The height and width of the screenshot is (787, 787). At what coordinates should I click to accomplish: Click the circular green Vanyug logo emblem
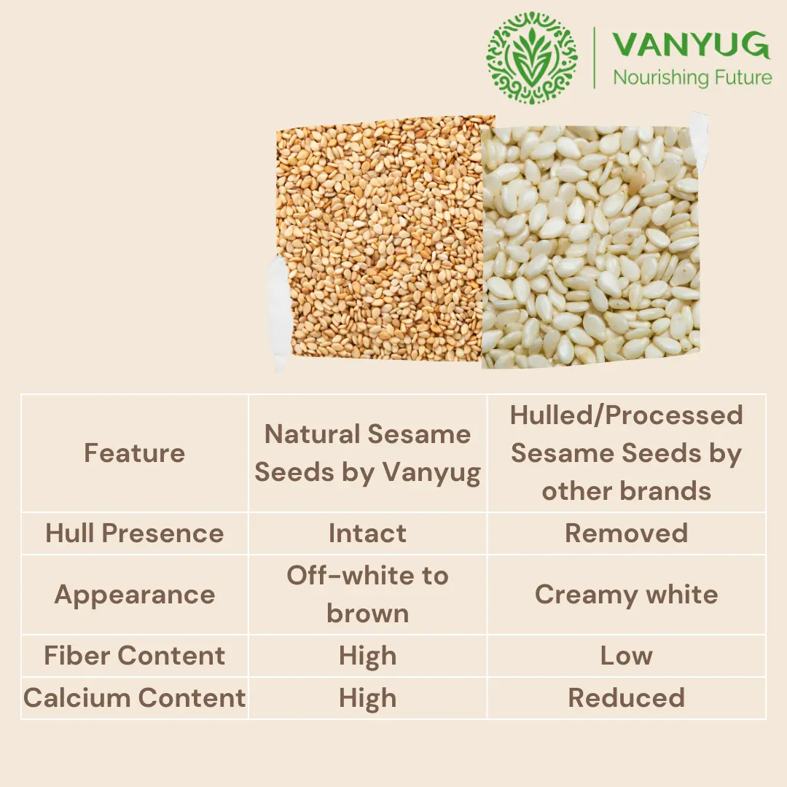point(531,58)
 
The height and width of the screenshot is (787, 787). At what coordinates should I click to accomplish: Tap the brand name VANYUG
point(691,44)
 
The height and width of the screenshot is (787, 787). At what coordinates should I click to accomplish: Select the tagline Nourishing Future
point(692,78)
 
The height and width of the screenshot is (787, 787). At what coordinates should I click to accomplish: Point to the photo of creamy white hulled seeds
point(591,247)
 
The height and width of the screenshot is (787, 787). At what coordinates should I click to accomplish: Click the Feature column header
point(135,453)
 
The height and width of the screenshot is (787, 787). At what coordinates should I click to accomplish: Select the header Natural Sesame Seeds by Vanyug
point(367,453)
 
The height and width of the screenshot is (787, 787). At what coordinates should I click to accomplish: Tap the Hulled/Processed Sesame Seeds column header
point(627,453)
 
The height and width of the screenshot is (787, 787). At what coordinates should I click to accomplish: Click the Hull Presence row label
point(135,533)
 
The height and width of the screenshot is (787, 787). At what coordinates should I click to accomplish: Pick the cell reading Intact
point(367,533)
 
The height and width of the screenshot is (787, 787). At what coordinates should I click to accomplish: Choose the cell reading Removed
point(627,533)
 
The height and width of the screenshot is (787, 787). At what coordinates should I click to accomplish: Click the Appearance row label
point(135,595)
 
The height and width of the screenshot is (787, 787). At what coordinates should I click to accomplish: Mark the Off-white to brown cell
point(367,595)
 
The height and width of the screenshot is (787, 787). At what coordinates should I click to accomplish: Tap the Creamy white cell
point(627,595)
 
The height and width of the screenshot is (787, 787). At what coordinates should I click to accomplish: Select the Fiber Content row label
point(135,656)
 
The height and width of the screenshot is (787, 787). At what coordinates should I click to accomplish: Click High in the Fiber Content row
point(367,657)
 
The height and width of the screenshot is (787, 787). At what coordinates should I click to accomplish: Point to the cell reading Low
point(627,656)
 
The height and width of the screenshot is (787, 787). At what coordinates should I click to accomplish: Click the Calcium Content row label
point(135,697)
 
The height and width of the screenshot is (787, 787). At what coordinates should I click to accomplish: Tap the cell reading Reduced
point(627,697)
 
